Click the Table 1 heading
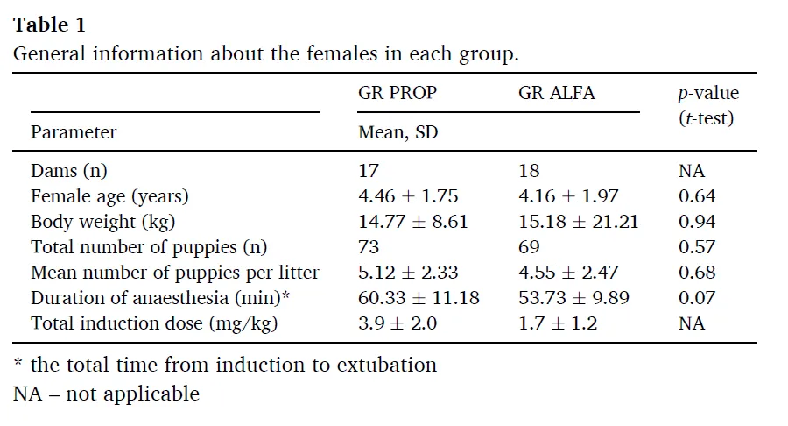49,25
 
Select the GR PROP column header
398,93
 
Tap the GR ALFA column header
557,93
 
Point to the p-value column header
708,105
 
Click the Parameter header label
74,132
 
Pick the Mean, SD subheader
398,132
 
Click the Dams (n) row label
69,171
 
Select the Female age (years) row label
109,196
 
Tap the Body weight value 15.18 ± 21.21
579,222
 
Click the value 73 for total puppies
369,247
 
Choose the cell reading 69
529,247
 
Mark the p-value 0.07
697,298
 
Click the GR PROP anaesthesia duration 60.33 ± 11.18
419,298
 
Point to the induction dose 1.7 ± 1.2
558,323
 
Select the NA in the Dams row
692,171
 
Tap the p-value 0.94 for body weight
697,222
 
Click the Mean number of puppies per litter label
175,273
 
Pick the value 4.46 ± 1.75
408,196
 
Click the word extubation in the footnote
386,366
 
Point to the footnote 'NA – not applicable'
106,394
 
